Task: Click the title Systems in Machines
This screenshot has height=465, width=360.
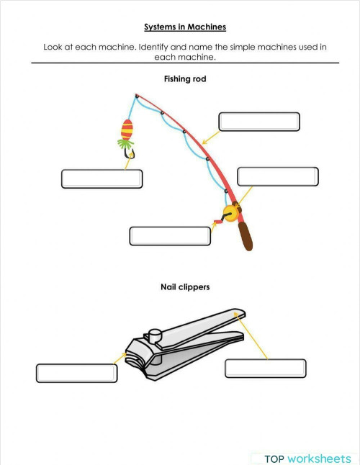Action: (185, 27)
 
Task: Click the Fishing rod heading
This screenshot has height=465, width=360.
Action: (185, 79)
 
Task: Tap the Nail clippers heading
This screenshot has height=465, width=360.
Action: (185, 287)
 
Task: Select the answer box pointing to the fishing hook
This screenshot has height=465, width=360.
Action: (102, 179)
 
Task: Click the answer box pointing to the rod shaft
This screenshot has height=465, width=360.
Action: (259, 122)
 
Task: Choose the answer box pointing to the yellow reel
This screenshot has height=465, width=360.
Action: (277, 176)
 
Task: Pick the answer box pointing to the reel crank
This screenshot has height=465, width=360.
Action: (169, 236)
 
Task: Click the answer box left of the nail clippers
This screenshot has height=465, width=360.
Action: (76, 373)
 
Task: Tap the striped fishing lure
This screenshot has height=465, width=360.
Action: (127, 131)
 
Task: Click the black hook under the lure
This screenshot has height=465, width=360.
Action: (130, 153)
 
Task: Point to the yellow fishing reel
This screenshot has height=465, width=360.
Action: (230, 213)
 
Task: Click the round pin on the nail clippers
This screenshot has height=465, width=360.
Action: (153, 335)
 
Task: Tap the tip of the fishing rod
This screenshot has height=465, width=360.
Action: (136, 95)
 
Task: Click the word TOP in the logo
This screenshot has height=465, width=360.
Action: (274, 459)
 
